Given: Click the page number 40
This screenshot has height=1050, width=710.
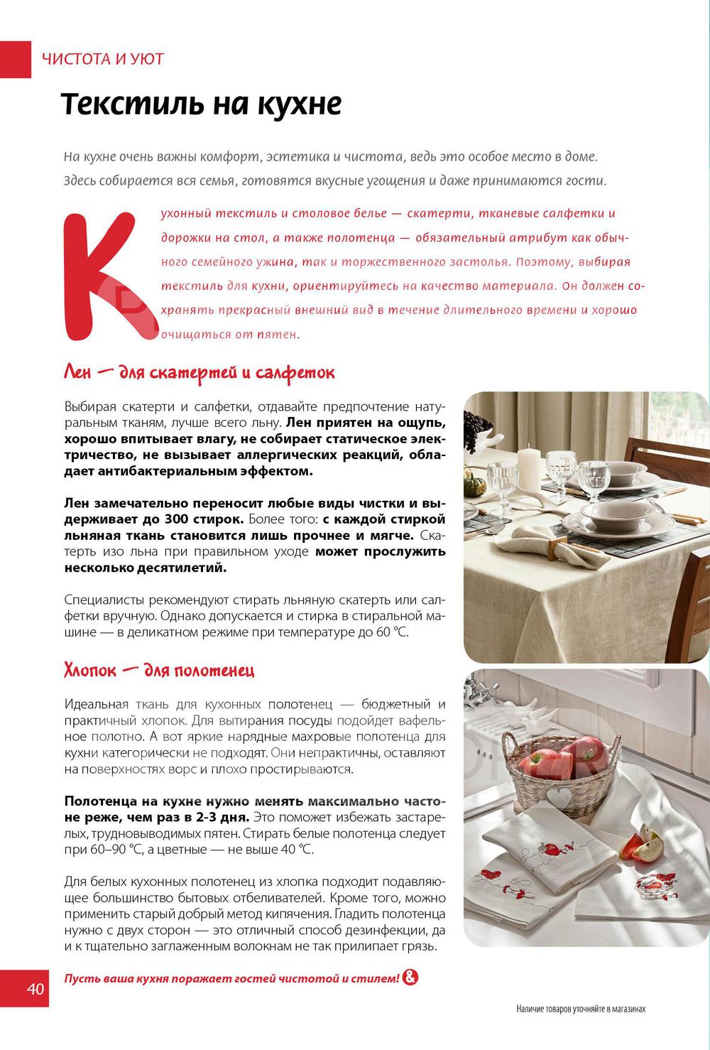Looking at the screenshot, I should pos(35,989).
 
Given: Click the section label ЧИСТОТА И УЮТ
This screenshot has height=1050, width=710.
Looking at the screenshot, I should pos(103,59).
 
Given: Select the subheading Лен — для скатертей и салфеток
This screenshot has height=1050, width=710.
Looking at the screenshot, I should pos(200,373).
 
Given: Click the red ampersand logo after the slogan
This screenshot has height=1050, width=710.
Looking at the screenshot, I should pos(410,978).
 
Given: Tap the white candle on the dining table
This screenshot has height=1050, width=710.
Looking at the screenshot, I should pos(531,466).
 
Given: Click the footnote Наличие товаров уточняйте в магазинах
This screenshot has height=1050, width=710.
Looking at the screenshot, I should pos(581,1009).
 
